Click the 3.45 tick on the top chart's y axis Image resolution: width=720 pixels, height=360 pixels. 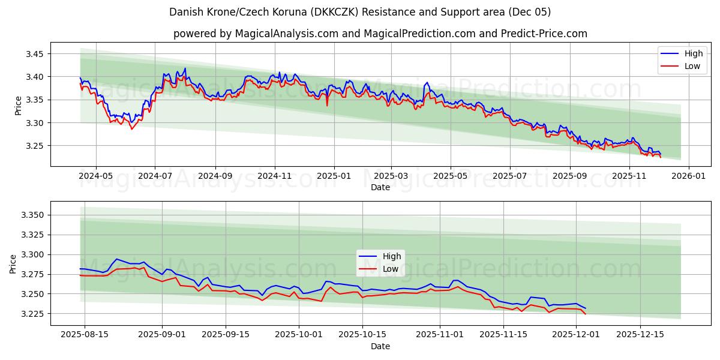pyautogui.click(x=35, y=54)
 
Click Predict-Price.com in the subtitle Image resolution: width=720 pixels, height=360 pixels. pyautogui.click(x=542, y=34)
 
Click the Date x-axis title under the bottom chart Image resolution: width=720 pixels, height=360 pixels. pyautogui.click(x=380, y=346)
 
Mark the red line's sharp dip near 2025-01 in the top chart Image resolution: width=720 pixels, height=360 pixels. pyautogui.click(x=327, y=106)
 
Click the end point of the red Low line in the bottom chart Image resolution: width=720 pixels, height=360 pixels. pyautogui.click(x=586, y=314)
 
